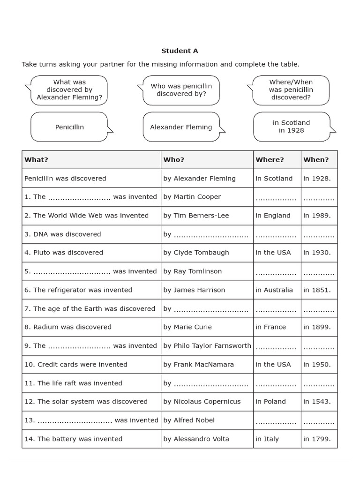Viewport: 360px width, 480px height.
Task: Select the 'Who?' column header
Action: click(x=174, y=159)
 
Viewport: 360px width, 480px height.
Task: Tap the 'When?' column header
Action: click(x=316, y=159)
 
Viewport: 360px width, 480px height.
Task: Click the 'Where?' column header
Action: click(x=270, y=159)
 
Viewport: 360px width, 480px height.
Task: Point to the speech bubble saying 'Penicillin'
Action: click(x=69, y=127)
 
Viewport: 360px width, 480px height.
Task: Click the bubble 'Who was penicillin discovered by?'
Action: click(x=181, y=90)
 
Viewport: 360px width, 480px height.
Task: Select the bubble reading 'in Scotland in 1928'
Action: click(x=291, y=127)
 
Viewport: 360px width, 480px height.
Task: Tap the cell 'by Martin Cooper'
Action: click(x=192, y=197)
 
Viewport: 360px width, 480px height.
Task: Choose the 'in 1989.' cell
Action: click(x=317, y=216)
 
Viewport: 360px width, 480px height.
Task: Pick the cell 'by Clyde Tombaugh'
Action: click(x=196, y=253)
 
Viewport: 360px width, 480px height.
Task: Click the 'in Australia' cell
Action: click(x=274, y=290)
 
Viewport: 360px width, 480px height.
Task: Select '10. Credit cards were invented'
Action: click(x=76, y=364)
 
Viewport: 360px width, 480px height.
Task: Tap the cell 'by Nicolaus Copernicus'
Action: click(x=202, y=402)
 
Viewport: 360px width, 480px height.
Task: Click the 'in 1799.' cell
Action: click(x=317, y=439)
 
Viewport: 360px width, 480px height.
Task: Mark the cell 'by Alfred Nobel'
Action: click(x=189, y=420)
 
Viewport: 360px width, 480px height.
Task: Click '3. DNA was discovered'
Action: click(x=63, y=234)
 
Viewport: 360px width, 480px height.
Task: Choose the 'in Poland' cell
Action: click(x=270, y=402)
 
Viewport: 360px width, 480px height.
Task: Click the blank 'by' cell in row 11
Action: click(x=206, y=383)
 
